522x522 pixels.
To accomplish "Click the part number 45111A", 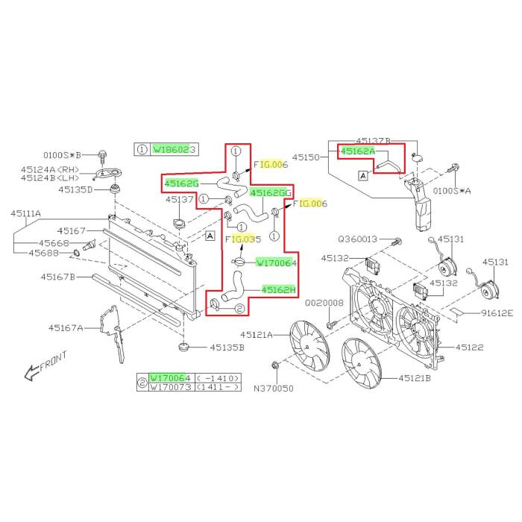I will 25,213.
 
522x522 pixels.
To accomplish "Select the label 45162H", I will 278,290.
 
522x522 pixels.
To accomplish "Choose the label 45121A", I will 257,335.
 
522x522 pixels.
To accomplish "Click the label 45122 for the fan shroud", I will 470,348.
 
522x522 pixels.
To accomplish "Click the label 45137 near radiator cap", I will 180,199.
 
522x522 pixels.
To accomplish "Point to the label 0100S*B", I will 63,155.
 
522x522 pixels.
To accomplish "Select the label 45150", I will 306,157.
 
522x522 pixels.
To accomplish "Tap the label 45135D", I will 75,189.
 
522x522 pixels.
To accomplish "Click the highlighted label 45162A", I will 359,151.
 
